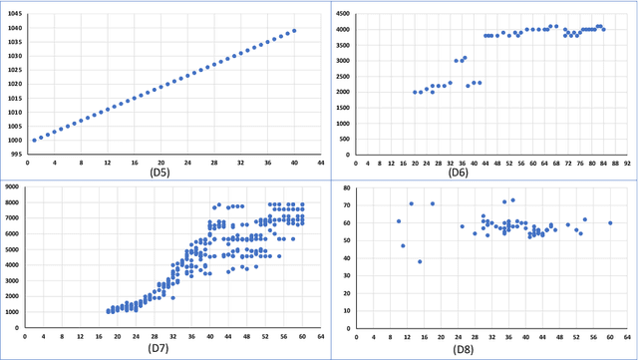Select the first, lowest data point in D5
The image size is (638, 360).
[34, 140]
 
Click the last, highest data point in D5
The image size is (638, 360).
[294, 30]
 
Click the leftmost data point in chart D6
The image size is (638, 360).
[415, 92]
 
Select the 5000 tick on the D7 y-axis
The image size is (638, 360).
[14, 249]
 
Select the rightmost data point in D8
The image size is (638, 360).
[610, 222]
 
